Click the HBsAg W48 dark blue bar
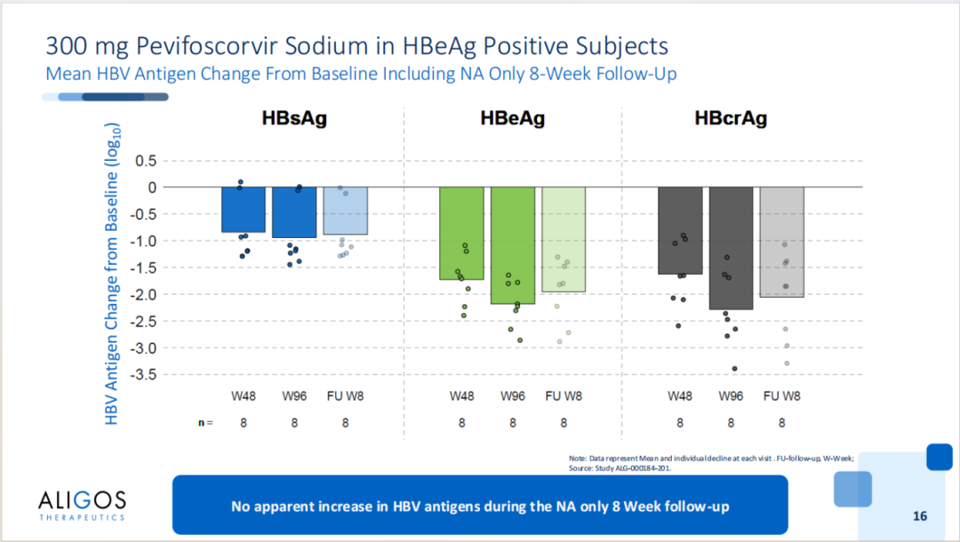point(243,210)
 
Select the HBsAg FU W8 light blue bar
point(345,211)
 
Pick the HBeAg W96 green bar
point(513,245)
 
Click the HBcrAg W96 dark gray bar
point(731,248)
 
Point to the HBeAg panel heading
point(513,118)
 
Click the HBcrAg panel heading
point(731,118)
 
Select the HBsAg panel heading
point(294,118)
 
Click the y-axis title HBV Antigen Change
point(113,275)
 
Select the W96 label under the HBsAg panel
point(294,396)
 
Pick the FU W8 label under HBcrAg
point(782,396)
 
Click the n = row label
point(205,423)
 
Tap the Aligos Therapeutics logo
point(82,504)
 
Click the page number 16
point(920,516)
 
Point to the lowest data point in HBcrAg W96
point(734,369)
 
